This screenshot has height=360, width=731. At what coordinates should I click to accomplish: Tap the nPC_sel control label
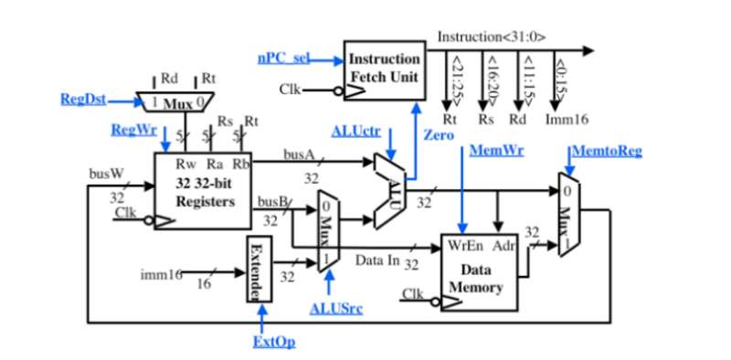284,58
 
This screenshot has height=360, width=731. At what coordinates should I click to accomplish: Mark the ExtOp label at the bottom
273,342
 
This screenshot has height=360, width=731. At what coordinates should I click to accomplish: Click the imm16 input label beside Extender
163,273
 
